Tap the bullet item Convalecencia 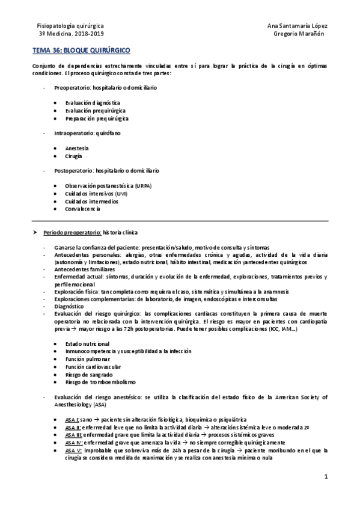pos(84,209)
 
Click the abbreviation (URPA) pos(143,186)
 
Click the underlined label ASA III pos(74,434)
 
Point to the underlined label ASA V pos(73,450)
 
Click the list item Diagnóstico pos(69,306)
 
